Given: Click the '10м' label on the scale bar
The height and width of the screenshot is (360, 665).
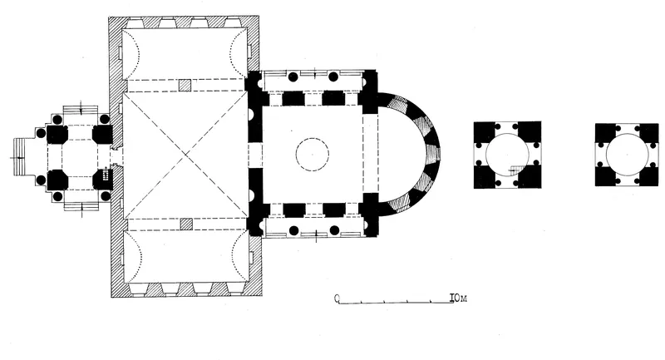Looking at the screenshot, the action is click(458, 298).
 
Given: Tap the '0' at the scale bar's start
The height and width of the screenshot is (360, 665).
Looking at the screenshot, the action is click(337, 299).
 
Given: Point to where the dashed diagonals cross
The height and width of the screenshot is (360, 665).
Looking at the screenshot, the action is click(185, 155).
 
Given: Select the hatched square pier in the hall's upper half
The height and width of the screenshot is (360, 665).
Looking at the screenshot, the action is click(185, 85).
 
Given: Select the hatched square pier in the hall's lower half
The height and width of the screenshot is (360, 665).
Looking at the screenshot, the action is click(186, 224).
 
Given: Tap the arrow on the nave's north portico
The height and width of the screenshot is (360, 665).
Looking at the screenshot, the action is click(315, 72).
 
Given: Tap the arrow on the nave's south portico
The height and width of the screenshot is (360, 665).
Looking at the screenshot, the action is click(317, 236).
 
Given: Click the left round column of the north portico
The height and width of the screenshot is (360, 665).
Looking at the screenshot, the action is click(293, 76).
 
